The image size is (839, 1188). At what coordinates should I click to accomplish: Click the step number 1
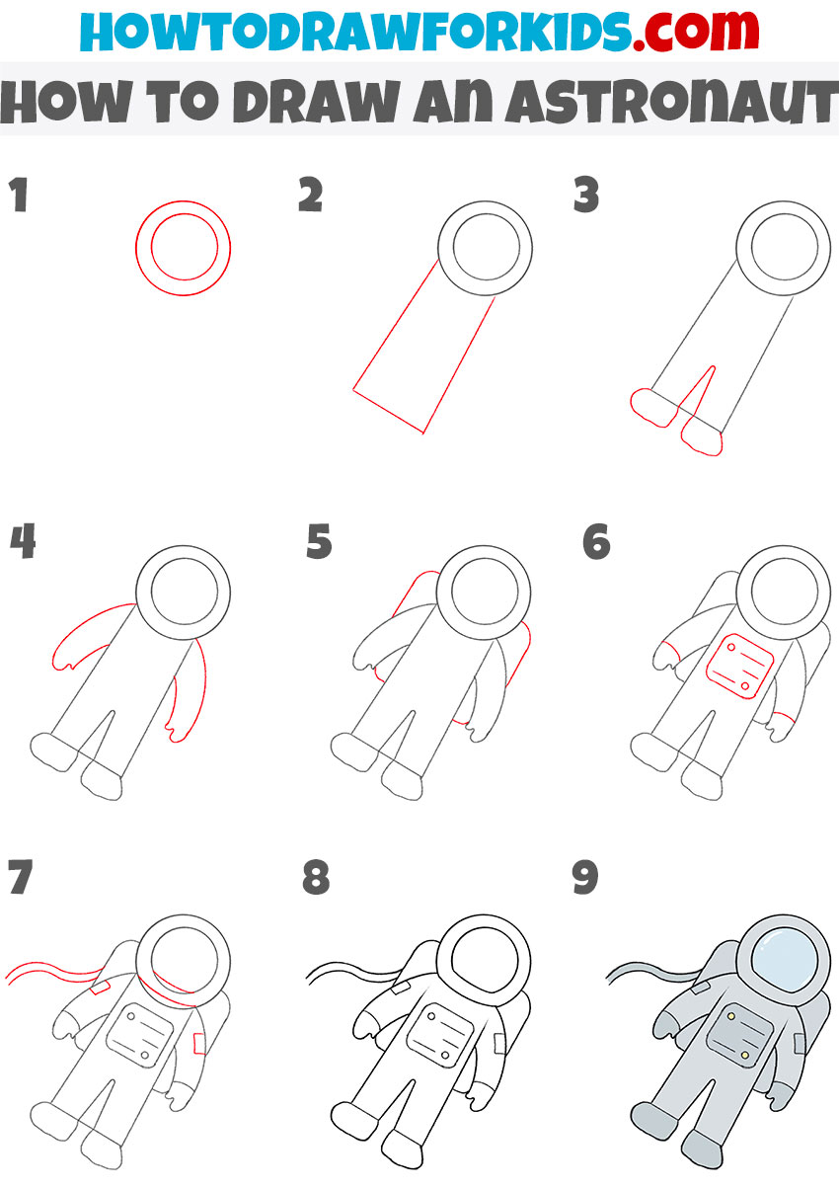19,197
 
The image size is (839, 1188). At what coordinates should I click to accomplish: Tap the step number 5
319,542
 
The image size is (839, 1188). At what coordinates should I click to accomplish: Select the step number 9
586,878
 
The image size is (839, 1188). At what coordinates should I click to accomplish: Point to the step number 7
22,878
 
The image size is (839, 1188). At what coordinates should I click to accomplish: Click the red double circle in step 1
184,247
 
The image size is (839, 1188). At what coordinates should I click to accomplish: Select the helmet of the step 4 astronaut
183,593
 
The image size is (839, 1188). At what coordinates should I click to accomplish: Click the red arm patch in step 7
199,1042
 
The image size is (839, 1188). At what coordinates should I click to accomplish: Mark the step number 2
311,197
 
